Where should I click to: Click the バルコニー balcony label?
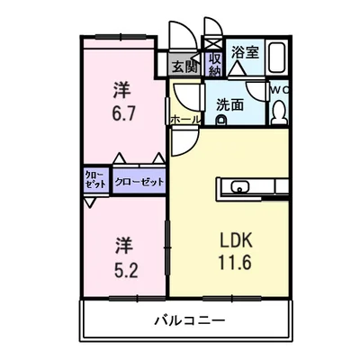click(x=189, y=321)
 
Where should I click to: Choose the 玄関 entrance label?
click(x=184, y=66)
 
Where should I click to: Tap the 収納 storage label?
click(x=214, y=63)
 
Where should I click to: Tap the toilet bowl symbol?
click(x=279, y=112)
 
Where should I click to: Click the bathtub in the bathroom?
click(x=278, y=58)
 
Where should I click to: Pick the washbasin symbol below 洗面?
click(x=221, y=119)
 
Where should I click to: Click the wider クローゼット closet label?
click(x=139, y=182)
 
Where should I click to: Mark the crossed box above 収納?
click(x=214, y=41)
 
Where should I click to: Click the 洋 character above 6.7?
click(x=123, y=89)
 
